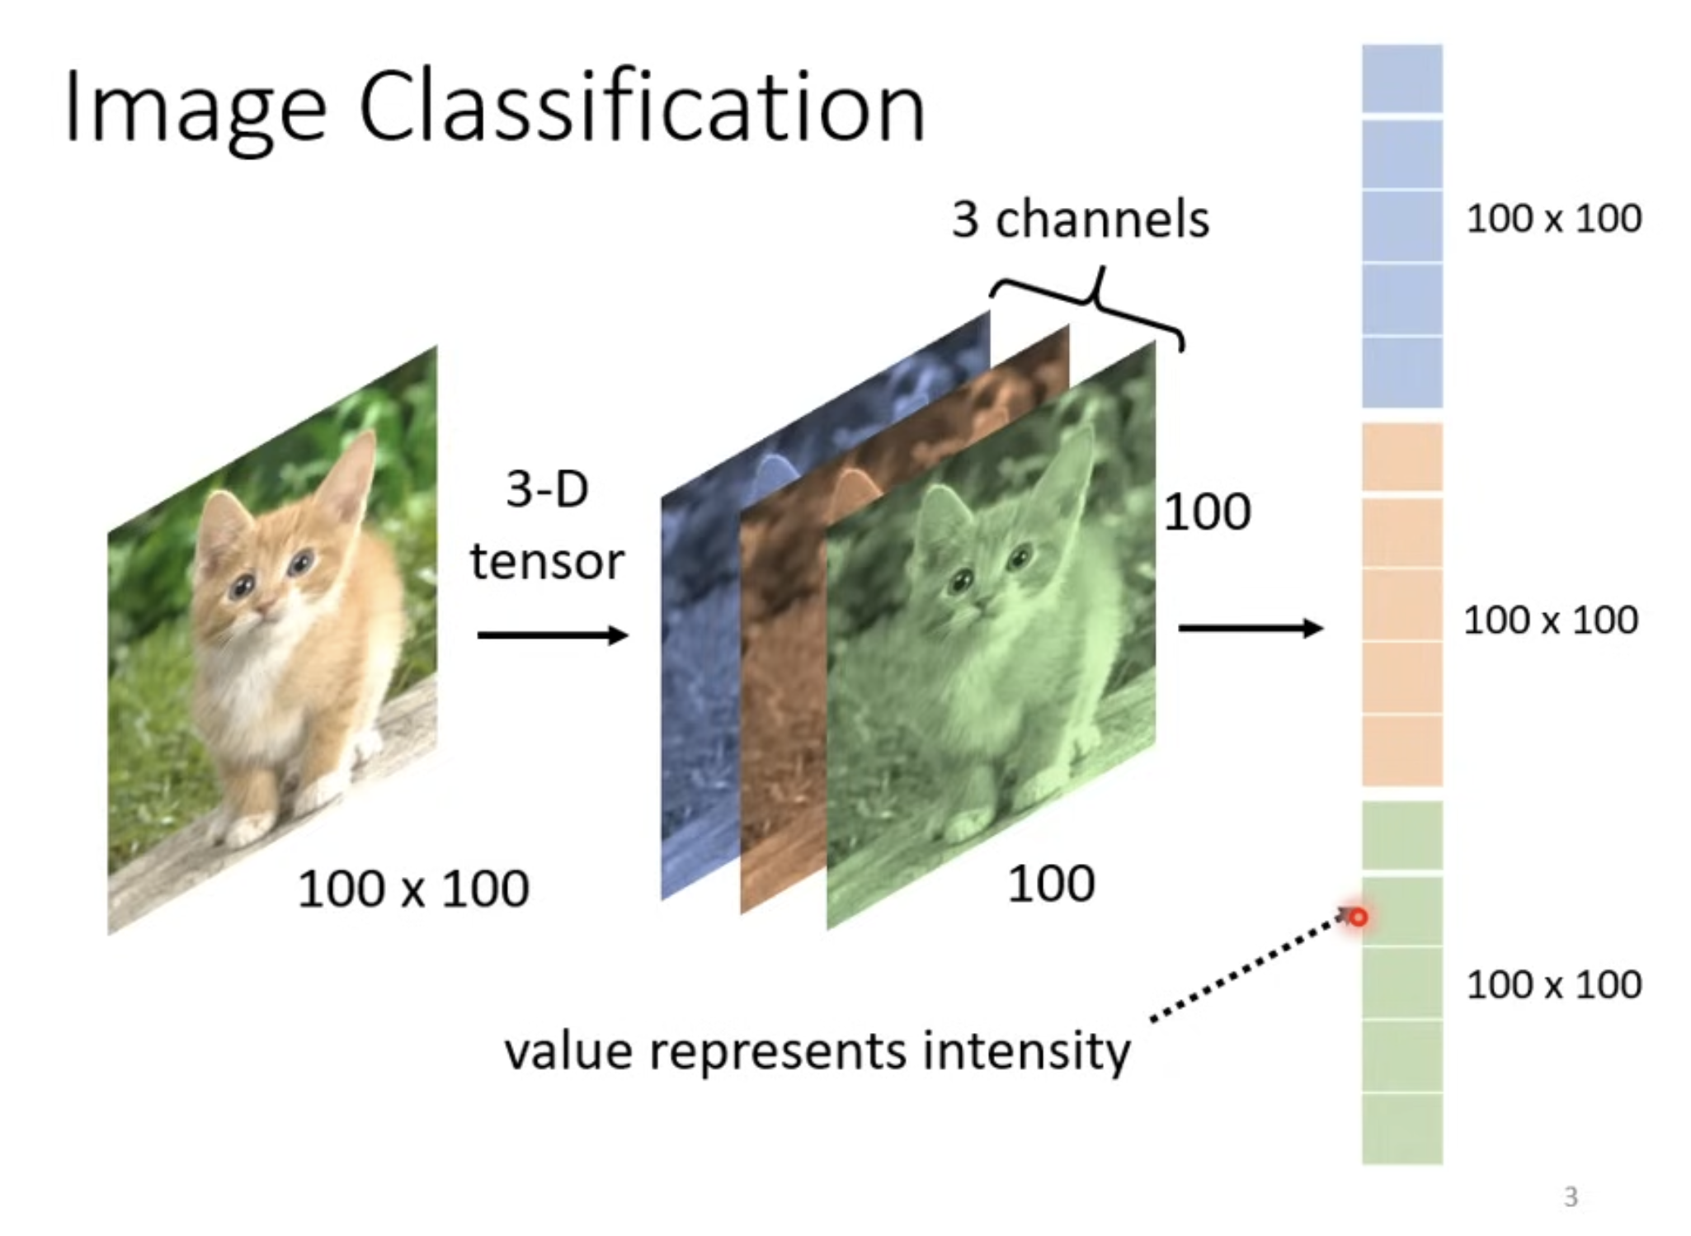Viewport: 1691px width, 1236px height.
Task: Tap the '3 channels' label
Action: click(1081, 219)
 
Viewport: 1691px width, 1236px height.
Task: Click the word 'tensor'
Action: click(547, 562)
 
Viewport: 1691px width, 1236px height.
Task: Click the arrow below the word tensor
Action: click(553, 635)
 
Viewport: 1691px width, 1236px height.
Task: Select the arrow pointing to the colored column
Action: click(1251, 628)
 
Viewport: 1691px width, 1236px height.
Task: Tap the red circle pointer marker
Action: click(1359, 917)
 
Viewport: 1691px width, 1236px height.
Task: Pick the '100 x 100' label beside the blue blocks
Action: click(1554, 219)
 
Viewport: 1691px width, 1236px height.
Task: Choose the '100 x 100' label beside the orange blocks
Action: click(1551, 620)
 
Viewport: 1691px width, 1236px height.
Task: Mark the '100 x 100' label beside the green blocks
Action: click(1554, 984)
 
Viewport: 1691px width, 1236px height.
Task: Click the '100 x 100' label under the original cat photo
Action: click(413, 889)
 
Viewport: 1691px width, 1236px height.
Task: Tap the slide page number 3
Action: click(1571, 1196)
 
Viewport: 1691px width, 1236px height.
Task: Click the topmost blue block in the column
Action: click(1402, 78)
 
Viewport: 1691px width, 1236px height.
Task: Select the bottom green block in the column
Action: click(1402, 1129)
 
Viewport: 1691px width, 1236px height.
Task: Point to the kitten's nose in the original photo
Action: click(266, 608)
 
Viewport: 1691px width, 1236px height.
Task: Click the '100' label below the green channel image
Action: click(1051, 884)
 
